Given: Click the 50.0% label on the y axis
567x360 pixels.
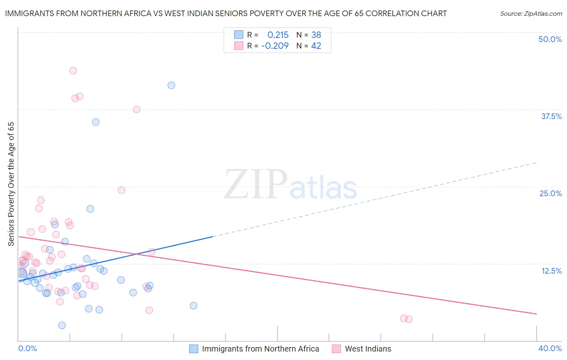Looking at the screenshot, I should tap(550, 39).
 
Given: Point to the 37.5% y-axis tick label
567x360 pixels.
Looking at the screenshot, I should tap(551, 116).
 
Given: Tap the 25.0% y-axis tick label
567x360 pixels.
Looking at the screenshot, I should tap(550, 193).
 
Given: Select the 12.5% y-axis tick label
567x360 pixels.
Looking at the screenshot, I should tap(551, 271).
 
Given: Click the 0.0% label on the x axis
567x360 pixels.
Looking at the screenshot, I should tap(27, 348).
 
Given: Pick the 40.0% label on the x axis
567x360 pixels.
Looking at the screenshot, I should tap(550, 348).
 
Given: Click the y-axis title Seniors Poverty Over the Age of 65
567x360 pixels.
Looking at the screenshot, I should tap(11, 184).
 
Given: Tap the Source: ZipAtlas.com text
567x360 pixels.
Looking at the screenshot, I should tap(531, 14).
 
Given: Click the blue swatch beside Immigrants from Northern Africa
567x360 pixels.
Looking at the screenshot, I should tap(194, 349).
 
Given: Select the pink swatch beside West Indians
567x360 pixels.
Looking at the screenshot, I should tap(337, 349).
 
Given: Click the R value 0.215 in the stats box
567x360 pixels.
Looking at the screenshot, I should tap(278, 35).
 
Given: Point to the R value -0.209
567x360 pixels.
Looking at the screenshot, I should tap(275, 46).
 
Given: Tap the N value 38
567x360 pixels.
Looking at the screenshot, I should tap(316, 35).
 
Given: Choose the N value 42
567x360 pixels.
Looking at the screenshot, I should tap(316, 46).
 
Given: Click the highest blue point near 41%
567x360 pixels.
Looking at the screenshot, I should tap(171, 85).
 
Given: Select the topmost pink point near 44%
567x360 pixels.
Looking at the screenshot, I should tap(73, 71).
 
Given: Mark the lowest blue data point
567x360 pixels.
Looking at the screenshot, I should tap(62, 325).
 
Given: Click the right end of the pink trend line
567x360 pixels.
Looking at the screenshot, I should tap(536, 314).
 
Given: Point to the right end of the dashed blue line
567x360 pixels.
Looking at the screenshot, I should tap(536, 163).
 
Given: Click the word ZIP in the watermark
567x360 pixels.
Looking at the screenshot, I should tap(256, 184).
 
